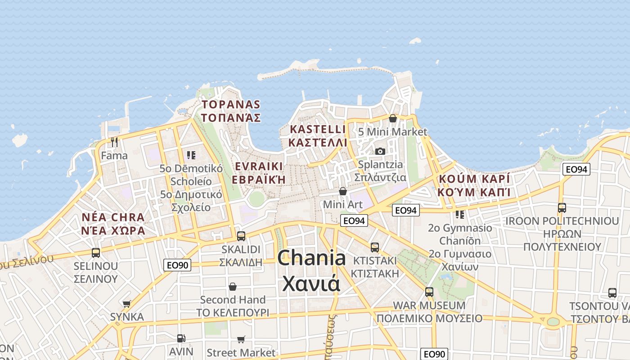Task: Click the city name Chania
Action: (311, 258)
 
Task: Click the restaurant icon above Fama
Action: (114, 142)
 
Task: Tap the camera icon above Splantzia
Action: (380, 151)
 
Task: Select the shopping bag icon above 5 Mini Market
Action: (392, 118)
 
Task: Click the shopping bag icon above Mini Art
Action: (343, 191)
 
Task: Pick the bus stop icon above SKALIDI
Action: (241, 236)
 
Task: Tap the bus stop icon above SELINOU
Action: (95, 252)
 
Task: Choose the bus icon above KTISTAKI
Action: (375, 247)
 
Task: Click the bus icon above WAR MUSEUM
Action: (429, 292)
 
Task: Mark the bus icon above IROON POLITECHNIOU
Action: (562, 208)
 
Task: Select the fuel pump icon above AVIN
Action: (181, 338)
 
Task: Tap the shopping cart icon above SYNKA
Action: (127, 304)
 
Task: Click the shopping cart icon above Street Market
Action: (241, 339)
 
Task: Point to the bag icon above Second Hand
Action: (233, 287)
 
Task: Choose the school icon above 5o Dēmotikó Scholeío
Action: (191, 155)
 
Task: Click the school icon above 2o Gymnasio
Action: (460, 214)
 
